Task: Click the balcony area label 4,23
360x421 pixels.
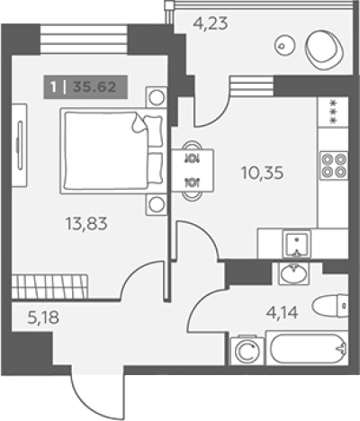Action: tap(211, 24)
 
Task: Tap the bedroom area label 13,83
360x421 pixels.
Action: tap(86, 224)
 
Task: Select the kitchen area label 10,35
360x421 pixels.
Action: tap(262, 173)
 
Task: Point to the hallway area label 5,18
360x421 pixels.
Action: tap(43, 318)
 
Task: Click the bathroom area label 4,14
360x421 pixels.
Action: tap(282, 313)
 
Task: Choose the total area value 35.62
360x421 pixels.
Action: tap(94, 87)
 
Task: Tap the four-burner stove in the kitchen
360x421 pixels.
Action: tap(334, 166)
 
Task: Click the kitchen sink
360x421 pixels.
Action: tap(297, 244)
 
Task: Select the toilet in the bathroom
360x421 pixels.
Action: tap(330, 306)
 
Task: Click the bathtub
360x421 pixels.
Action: tap(307, 348)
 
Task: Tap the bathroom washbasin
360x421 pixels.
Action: tap(294, 273)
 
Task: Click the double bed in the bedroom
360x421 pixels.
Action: tap(113, 151)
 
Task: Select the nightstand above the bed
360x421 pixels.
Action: tap(156, 97)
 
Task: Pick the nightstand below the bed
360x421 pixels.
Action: tap(156, 205)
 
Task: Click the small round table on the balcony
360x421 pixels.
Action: tap(284, 46)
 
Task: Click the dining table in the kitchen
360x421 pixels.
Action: tap(193, 170)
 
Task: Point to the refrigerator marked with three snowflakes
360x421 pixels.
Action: tap(333, 112)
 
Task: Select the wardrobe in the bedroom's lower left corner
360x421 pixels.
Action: tap(49, 286)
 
